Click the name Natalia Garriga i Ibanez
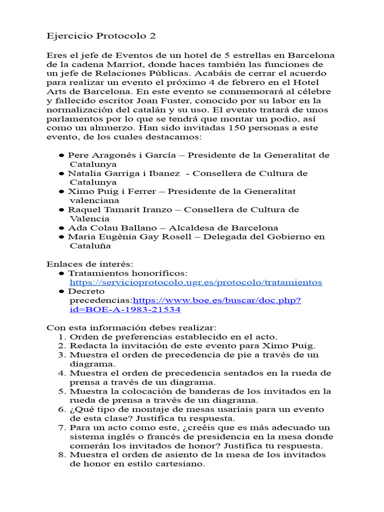(124, 173)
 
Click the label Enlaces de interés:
(90, 264)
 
